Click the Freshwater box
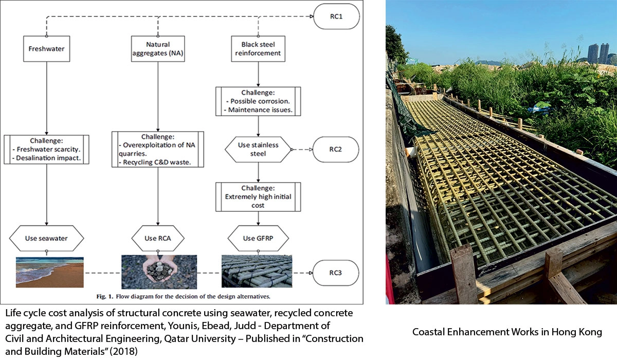click(x=46, y=49)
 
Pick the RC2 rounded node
click(x=335, y=150)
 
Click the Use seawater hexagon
click(x=46, y=238)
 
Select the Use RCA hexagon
click(x=158, y=238)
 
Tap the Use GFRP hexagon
click(x=258, y=238)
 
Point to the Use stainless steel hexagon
click(x=258, y=149)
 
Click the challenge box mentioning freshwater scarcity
click(x=46, y=150)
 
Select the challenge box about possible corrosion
click(x=258, y=102)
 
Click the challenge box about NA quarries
click(x=158, y=149)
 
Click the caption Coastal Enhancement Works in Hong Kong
click(x=507, y=332)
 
